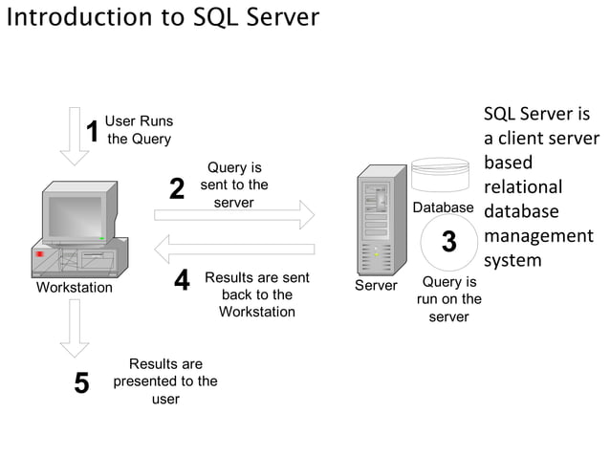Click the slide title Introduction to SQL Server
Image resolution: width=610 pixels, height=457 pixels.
coord(163,17)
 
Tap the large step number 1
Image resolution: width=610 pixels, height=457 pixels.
coord(93,131)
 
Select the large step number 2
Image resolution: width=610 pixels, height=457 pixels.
coord(177,189)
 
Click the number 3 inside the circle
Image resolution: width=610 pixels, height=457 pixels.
coord(448,243)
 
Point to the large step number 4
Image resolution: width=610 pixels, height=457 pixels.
coord(182,281)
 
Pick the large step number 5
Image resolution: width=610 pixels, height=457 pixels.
coord(82,383)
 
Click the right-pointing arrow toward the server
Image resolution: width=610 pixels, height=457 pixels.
coord(234,215)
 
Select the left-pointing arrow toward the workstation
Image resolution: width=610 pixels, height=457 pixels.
coord(234,250)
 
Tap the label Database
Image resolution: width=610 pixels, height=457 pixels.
coord(443,207)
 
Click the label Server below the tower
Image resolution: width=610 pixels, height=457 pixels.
coord(376,286)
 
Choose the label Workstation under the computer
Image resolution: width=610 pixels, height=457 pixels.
coord(74,288)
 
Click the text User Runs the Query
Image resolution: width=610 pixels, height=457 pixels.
coord(139,130)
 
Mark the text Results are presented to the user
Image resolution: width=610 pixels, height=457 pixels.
coord(165,381)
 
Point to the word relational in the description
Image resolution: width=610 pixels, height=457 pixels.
coord(522,186)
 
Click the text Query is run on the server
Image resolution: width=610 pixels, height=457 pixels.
coord(448,299)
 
